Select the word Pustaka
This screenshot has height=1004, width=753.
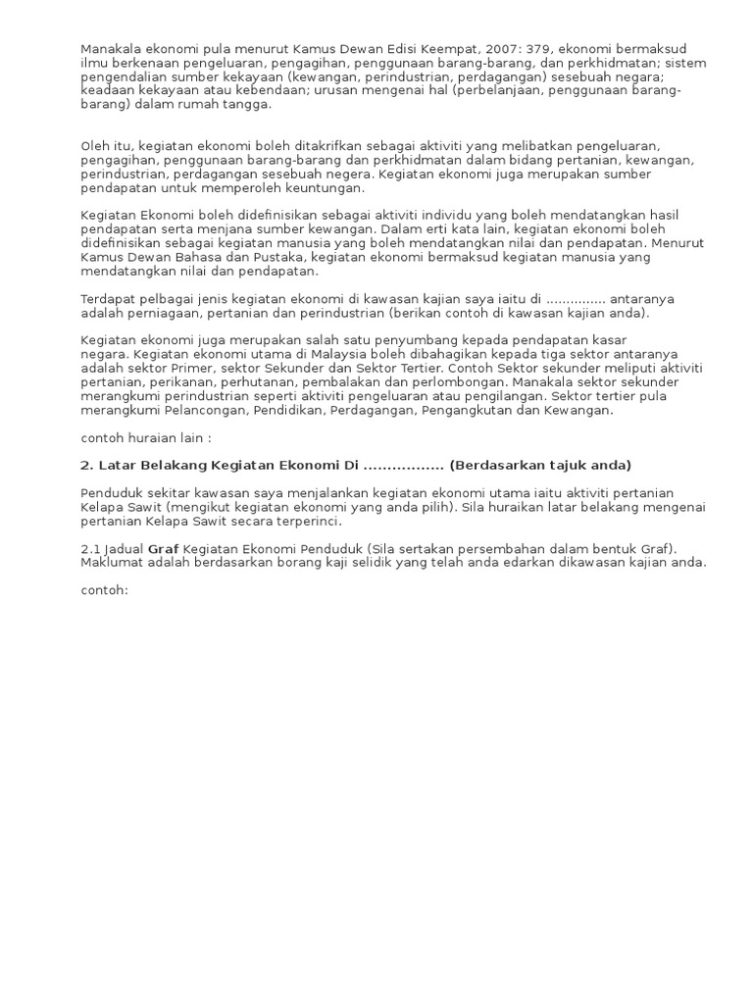(x=276, y=257)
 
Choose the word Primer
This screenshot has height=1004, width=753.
(x=204, y=369)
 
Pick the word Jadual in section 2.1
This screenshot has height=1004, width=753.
(x=124, y=548)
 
